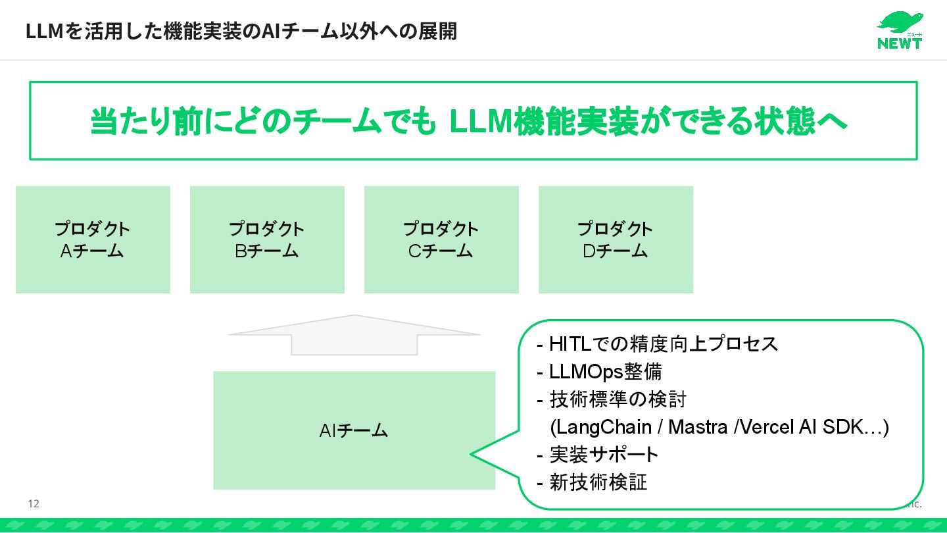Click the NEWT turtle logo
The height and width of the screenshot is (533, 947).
pos(900,30)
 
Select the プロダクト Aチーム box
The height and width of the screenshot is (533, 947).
pos(93,240)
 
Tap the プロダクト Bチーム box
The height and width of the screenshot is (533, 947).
pos(267,240)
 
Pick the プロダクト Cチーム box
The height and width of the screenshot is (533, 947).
pos(441,240)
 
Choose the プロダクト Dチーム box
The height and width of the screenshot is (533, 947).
pos(616,240)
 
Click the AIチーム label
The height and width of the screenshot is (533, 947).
pos(354,431)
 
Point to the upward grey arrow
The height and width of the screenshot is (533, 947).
pos(354,335)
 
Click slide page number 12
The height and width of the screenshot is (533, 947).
pos(34,504)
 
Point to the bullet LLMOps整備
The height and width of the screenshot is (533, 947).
pos(605,372)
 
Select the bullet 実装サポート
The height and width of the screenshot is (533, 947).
pos(604,455)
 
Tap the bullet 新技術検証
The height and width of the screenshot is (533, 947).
pos(598,482)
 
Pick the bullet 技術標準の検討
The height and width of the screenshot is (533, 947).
pos(618,399)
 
